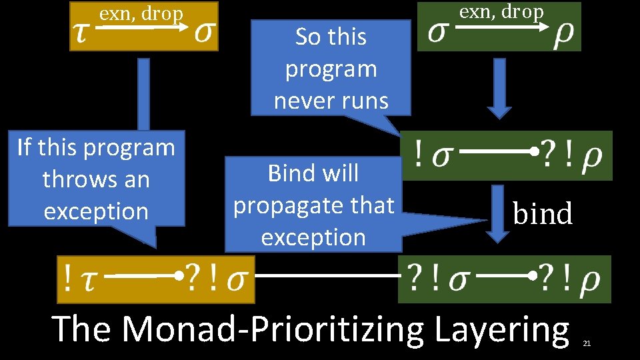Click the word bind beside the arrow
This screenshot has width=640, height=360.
[x=543, y=214]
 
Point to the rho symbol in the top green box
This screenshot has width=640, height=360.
[x=564, y=36]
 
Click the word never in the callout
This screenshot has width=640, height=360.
[x=302, y=101]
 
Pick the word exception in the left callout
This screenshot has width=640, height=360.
[x=96, y=211]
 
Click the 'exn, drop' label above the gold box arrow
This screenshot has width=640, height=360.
[x=141, y=13]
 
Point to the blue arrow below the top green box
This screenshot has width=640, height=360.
[x=499, y=90]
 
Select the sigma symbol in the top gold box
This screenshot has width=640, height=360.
[x=205, y=34]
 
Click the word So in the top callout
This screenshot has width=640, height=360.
[x=307, y=37]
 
